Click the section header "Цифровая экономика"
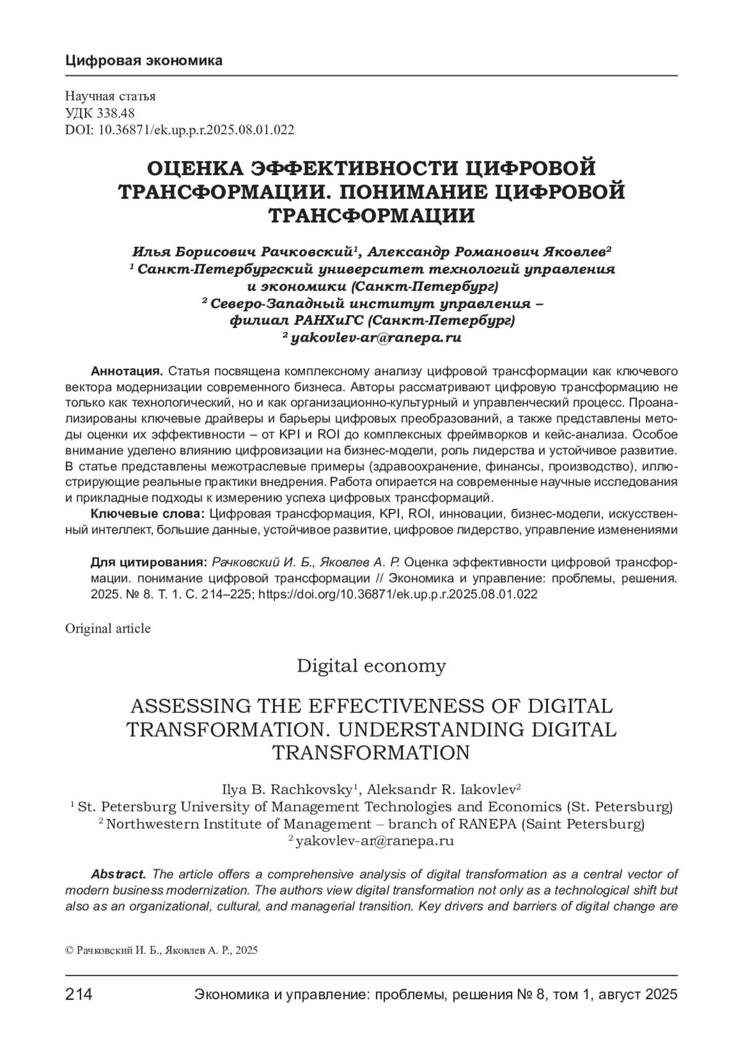(x=143, y=61)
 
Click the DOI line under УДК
(x=179, y=129)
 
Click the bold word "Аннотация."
(x=127, y=371)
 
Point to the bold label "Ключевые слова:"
(x=148, y=514)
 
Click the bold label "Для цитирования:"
(x=149, y=562)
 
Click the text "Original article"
(x=108, y=629)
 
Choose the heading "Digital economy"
(x=371, y=666)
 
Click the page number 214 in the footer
(x=79, y=995)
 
